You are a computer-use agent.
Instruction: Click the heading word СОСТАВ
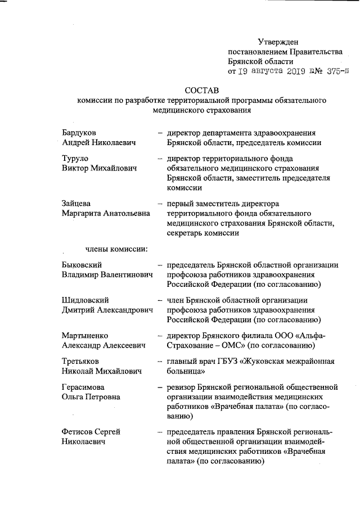[x=202, y=91]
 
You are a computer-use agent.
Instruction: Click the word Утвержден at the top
[x=278, y=41]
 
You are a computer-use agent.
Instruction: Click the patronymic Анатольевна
[x=122, y=213]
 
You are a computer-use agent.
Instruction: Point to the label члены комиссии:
[x=116, y=249]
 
